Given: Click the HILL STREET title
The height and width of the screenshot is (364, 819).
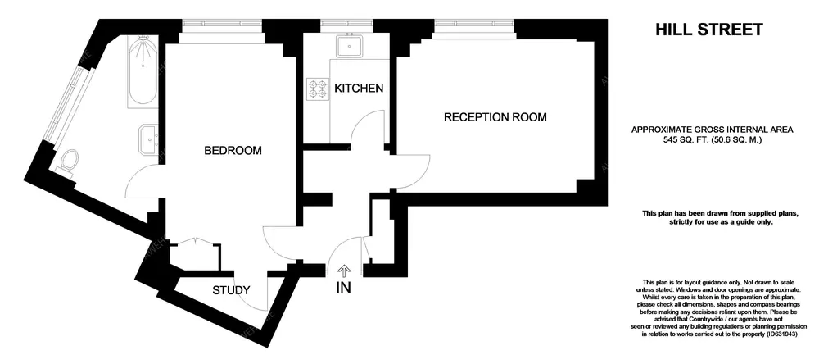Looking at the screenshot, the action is (708, 30).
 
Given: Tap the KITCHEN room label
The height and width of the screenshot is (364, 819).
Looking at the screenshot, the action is (359, 89).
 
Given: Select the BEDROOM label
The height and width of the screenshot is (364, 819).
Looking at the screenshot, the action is (233, 151).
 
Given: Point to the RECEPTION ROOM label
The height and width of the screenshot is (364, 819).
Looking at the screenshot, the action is (495, 117).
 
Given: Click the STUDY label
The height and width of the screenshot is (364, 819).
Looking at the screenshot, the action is (232, 290).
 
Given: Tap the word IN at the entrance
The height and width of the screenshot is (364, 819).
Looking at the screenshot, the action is (343, 287).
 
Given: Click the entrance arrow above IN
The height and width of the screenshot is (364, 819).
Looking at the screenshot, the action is (344, 271).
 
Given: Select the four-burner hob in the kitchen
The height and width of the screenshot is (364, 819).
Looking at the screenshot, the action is (317, 88).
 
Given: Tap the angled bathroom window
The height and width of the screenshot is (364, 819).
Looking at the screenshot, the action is (66, 102).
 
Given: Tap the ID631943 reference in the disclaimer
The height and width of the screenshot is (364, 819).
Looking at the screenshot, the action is (781, 334).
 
